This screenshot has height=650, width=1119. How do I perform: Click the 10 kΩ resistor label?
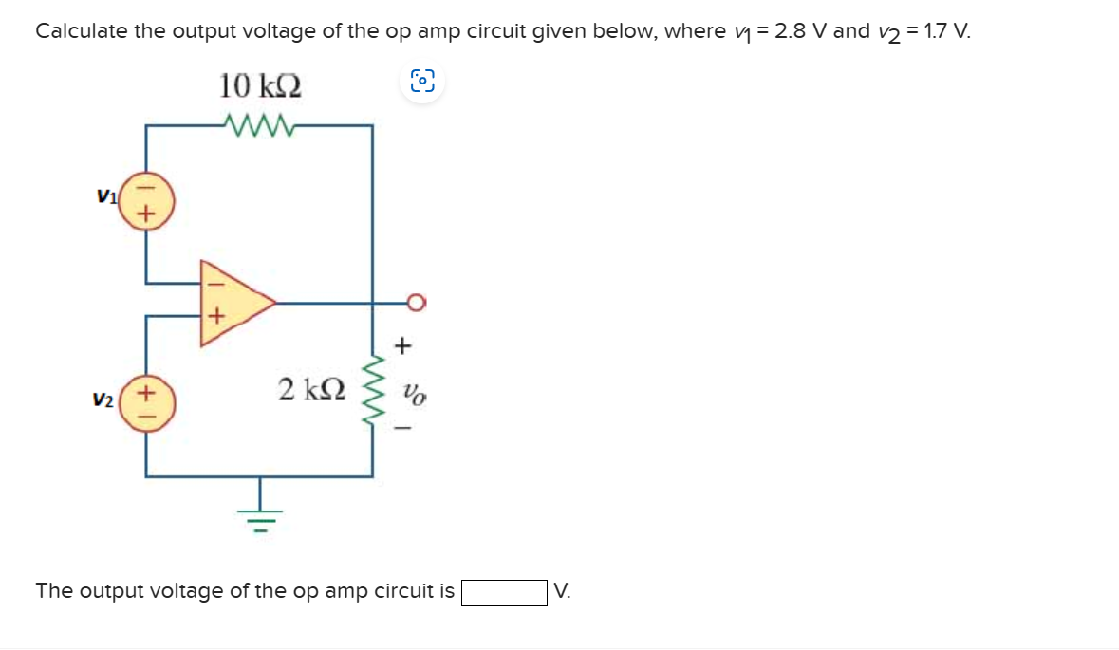[261, 86]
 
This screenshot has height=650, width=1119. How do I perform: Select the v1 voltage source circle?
[145, 200]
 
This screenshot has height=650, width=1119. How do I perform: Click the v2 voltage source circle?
[145, 402]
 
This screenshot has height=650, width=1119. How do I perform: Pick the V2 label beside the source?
[103, 401]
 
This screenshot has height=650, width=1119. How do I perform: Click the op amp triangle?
[233, 303]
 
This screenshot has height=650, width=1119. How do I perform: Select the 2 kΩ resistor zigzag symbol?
[375, 391]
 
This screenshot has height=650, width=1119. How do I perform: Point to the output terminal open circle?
[417, 303]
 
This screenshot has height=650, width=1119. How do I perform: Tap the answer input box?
[503, 592]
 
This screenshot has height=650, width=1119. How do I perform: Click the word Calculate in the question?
[81, 31]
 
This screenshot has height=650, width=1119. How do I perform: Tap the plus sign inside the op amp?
[215, 316]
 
